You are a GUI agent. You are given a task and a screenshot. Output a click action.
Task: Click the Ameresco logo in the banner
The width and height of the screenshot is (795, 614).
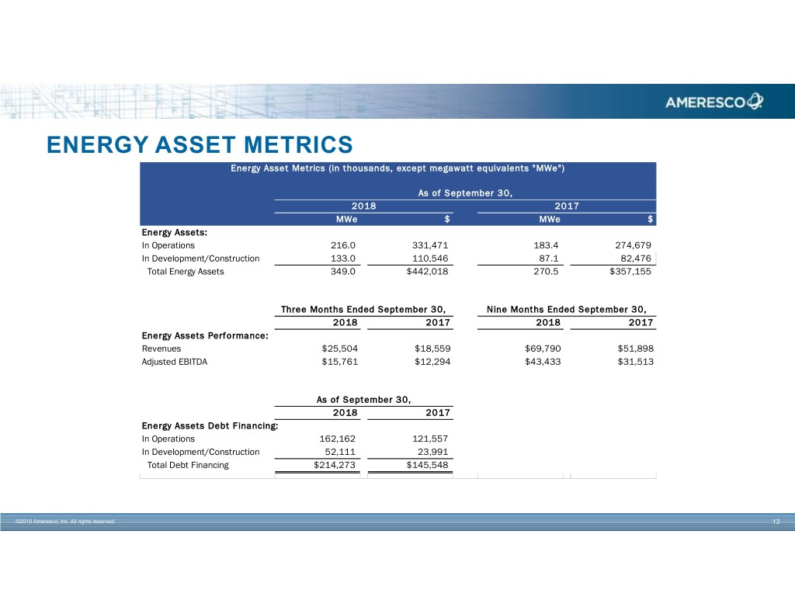(713, 102)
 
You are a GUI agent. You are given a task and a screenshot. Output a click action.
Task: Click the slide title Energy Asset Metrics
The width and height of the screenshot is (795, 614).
(200, 145)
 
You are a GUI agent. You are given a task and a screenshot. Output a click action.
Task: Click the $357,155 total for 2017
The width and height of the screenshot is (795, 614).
(627, 272)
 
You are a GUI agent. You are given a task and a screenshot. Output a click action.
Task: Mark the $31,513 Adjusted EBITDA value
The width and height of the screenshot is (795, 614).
(636, 362)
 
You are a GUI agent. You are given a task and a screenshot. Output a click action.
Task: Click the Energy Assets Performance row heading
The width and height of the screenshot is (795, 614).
(205, 335)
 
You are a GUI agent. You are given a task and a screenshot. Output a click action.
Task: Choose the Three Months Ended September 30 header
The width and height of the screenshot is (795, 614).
(367, 309)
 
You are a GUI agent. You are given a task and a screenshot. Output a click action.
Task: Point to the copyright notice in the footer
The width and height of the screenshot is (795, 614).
(65, 522)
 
